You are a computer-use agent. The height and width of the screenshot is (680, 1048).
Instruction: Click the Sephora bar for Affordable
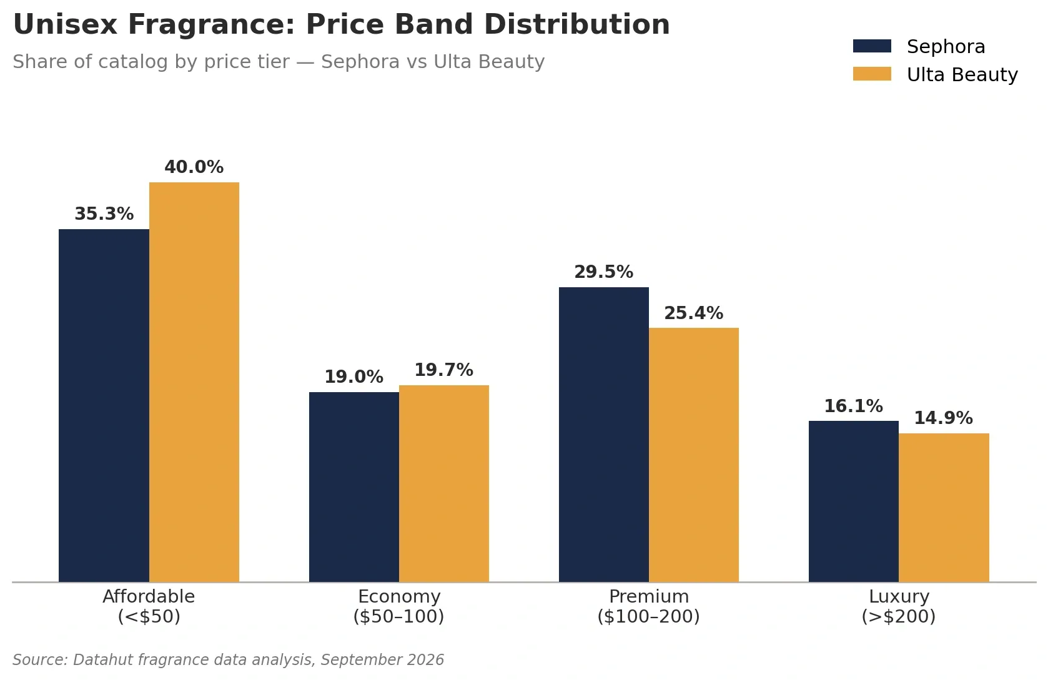[104, 405]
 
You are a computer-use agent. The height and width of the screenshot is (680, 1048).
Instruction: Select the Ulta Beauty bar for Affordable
[194, 382]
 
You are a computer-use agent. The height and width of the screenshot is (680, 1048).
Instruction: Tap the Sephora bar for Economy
[354, 487]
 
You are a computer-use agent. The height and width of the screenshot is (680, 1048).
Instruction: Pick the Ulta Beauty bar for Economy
[444, 483]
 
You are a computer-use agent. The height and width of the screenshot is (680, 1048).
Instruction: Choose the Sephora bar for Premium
[604, 435]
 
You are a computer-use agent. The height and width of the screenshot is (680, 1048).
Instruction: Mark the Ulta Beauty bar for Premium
[694, 455]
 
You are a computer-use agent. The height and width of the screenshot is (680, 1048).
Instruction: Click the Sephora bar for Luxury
[854, 501]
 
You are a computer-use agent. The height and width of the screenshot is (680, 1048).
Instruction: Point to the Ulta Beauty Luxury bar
[944, 508]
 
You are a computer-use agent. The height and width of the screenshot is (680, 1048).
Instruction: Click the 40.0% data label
[194, 167]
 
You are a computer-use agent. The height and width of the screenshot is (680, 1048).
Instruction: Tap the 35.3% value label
[104, 214]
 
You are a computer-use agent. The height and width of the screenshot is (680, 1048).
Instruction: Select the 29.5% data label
[604, 272]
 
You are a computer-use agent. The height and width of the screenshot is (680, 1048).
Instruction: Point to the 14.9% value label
[944, 418]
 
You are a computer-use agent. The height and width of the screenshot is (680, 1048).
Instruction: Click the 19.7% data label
[444, 370]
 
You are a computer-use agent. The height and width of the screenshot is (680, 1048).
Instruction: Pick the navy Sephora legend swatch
[872, 46]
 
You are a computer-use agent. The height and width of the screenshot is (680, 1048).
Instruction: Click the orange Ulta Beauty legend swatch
[872, 74]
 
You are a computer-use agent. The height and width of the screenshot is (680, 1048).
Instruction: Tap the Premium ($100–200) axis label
[649, 606]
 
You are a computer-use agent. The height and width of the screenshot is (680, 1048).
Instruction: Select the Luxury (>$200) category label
[899, 606]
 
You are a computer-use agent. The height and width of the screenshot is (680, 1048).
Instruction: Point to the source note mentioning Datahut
[229, 659]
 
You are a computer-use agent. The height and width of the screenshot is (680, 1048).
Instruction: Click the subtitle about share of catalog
[279, 62]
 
